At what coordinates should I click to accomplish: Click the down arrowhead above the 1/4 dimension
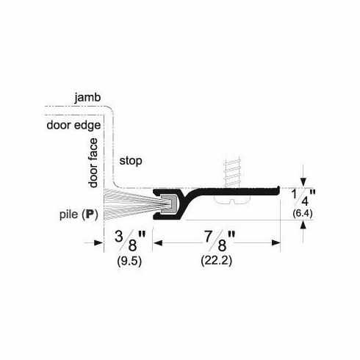click(303, 184)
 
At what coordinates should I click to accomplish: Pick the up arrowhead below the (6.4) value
click(303, 224)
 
